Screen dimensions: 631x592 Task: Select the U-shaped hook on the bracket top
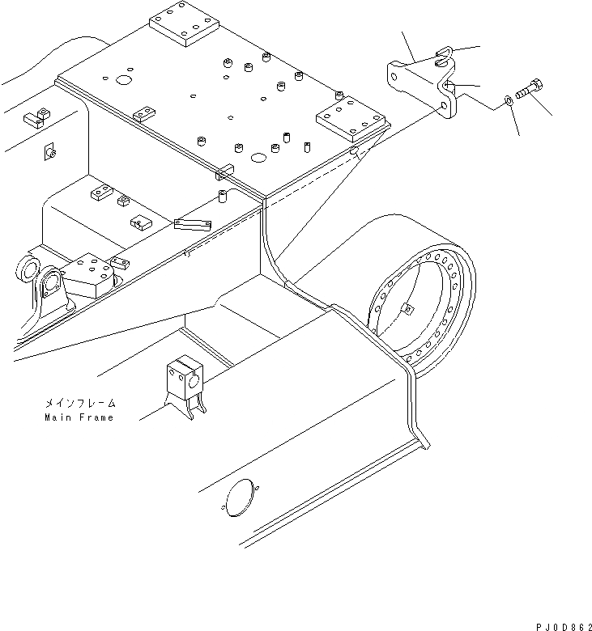click(441, 58)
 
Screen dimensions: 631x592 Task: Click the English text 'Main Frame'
click(79, 417)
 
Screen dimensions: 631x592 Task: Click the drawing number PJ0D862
click(558, 619)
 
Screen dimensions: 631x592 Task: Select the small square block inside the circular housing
click(407, 308)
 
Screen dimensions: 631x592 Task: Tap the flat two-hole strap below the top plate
click(193, 222)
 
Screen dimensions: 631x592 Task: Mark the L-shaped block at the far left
click(36, 118)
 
